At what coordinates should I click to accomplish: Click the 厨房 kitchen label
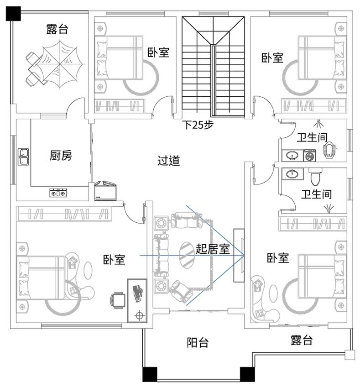point(61,156)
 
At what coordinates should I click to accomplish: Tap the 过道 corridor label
point(168,161)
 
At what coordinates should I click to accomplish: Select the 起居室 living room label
point(212,249)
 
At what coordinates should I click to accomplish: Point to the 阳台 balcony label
point(198,342)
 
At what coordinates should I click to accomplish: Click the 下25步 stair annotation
point(198,125)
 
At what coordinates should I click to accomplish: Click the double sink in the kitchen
point(23,157)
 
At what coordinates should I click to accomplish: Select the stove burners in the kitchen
point(58,193)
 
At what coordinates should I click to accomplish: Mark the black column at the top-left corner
point(14,14)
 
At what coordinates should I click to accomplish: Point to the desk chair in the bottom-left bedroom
point(118,300)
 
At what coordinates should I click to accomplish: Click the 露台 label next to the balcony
point(302,341)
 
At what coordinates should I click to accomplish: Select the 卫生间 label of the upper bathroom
point(313,137)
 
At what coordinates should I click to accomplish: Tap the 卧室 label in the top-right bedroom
point(272,58)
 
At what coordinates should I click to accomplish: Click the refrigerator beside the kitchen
point(106,191)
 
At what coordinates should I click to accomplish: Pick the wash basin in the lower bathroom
point(291,173)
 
